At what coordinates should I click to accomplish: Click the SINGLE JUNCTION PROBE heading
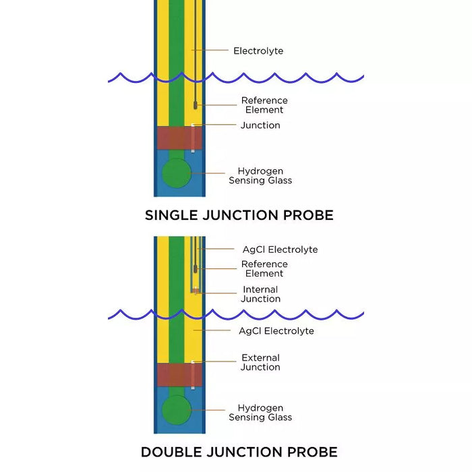point(239,216)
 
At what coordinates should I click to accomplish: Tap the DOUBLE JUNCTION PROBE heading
point(239,452)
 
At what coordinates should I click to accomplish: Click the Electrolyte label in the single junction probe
point(258,51)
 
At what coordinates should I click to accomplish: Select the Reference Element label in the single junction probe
point(264,105)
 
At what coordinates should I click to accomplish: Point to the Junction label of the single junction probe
point(260,125)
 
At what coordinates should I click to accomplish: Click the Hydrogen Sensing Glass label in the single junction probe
point(260,176)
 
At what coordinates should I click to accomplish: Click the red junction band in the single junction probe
point(174,138)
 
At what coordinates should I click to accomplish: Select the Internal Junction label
point(262,295)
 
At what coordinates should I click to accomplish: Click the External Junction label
point(260,363)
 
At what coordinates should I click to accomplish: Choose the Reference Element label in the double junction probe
point(264,269)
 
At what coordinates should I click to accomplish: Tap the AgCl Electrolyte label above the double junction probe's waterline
point(280,249)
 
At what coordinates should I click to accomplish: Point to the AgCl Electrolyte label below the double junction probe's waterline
point(276,331)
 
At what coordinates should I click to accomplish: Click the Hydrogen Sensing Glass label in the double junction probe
point(260,413)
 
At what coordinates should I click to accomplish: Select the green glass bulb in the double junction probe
point(177,409)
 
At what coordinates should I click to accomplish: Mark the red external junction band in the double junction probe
point(174,374)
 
